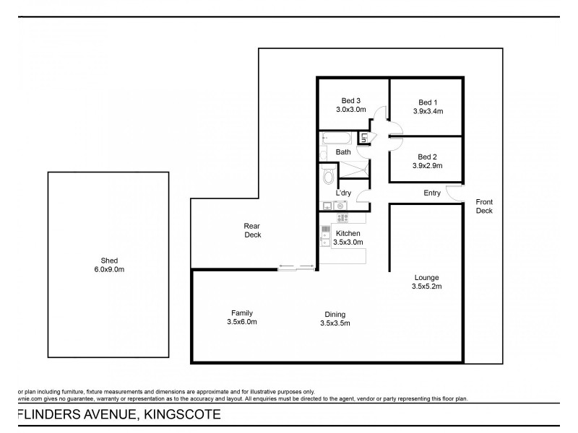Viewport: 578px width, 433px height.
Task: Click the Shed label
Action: coord(110,261)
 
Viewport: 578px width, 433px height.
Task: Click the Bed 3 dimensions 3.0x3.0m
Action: coord(351,110)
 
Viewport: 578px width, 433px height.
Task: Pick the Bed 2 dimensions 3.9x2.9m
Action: coord(427,166)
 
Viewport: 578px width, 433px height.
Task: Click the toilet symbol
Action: coord(328,175)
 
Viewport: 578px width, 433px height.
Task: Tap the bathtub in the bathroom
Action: coord(336,137)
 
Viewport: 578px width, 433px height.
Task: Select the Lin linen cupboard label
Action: coord(366,139)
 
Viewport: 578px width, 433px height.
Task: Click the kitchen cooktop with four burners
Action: coord(343,216)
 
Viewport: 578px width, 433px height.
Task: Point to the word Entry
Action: coord(432,193)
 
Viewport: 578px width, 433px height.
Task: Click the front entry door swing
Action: coord(453,193)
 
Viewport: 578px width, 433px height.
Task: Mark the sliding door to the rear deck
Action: coord(297,268)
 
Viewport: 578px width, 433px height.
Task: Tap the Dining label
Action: coord(335,314)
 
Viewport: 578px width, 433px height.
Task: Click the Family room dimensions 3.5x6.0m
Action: coord(241,322)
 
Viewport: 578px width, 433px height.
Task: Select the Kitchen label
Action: coord(348,233)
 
